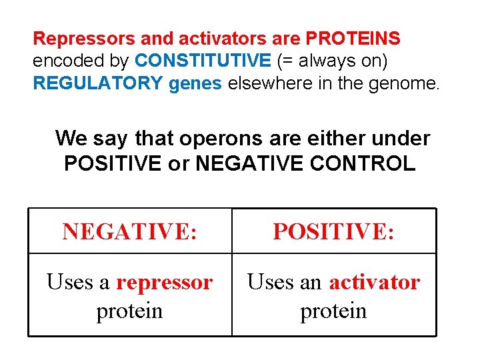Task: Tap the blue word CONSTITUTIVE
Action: (x=203, y=61)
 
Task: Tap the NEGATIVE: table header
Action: (x=129, y=231)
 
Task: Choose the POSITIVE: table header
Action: (x=333, y=231)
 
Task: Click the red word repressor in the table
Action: (x=164, y=283)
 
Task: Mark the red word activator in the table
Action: (x=374, y=283)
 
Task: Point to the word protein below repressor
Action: (x=129, y=311)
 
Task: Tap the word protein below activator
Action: (x=333, y=311)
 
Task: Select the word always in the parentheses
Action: (x=320, y=61)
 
